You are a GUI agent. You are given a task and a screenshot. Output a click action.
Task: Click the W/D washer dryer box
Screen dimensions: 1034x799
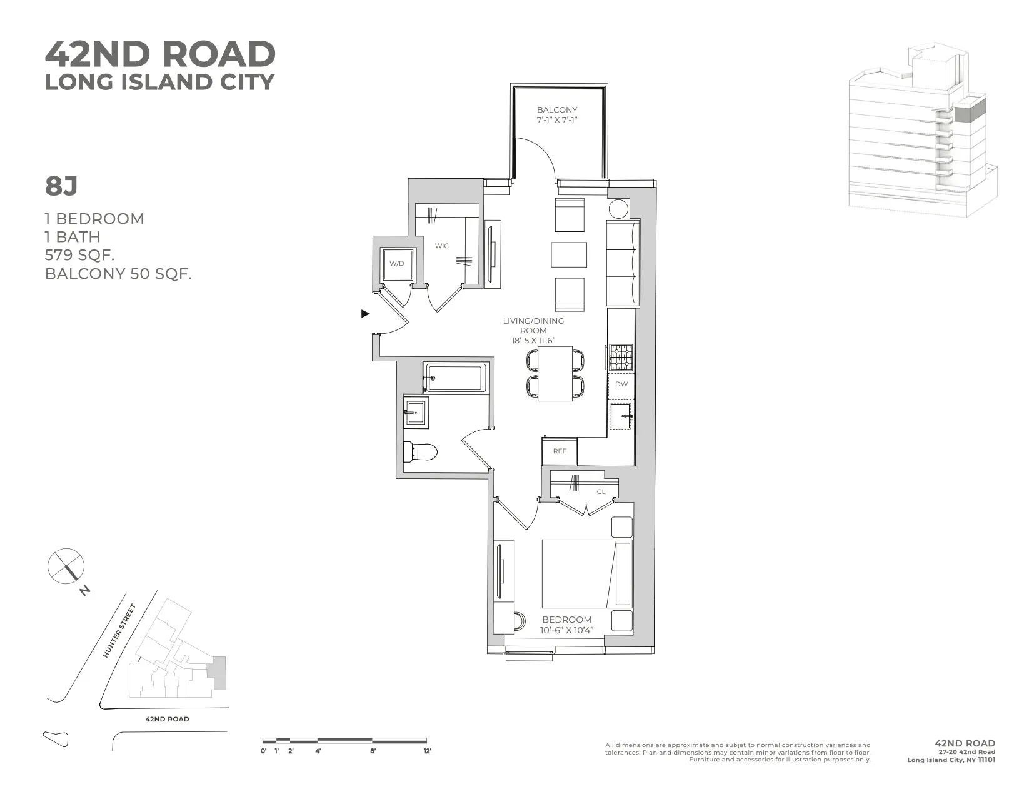396,263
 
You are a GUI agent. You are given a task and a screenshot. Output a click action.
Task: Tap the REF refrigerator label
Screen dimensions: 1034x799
560,451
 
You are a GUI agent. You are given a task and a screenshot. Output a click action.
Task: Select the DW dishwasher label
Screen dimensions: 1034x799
621,384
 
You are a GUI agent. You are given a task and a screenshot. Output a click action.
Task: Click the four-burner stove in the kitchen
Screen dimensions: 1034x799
621,358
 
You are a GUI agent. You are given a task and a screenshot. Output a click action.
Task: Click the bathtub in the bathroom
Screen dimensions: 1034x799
455,378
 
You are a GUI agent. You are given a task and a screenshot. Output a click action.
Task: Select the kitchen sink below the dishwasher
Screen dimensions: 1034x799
621,416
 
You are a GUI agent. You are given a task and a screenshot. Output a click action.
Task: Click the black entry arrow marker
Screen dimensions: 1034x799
366,314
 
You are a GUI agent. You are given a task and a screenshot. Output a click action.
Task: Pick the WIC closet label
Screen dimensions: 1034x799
442,246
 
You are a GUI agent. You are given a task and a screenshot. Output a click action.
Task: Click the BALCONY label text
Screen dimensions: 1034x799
557,109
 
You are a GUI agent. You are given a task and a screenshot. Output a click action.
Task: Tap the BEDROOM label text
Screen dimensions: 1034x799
567,620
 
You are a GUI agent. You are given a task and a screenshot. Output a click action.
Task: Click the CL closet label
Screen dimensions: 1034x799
601,491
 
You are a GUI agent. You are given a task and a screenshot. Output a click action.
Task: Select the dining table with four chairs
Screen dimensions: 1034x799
556,374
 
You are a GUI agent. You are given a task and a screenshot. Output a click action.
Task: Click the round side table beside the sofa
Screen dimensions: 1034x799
618,208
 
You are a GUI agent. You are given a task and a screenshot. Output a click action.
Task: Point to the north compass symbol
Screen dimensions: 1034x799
66,566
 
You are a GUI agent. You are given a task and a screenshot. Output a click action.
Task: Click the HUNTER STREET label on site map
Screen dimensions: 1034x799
119,630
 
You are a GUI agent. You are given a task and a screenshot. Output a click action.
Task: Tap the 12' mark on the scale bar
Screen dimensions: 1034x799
428,751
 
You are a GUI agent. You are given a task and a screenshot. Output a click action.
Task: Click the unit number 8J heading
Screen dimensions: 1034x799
61,186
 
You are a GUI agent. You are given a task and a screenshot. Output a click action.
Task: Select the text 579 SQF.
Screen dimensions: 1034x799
79,255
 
